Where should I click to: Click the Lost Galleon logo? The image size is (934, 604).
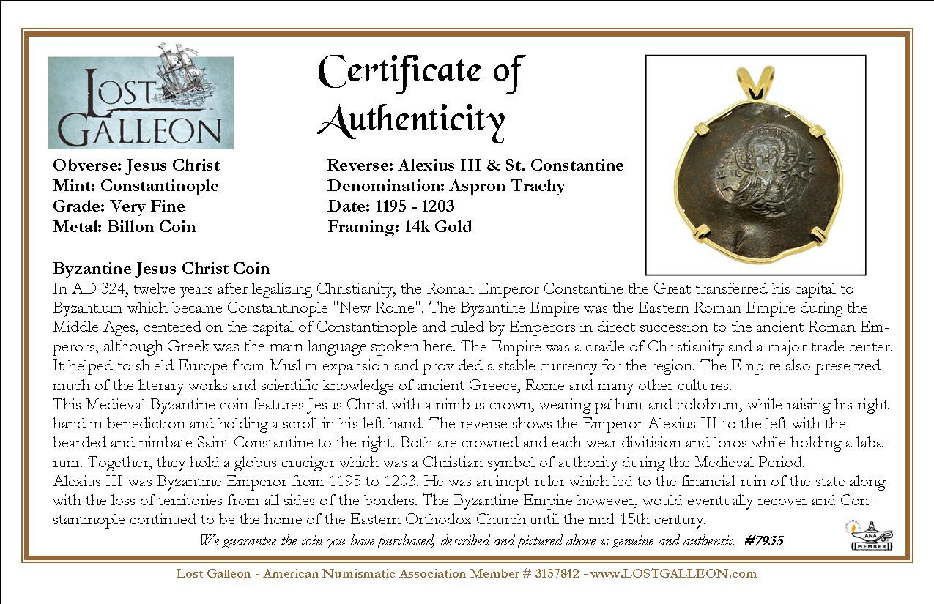tap(141, 102)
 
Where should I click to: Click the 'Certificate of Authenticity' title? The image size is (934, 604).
tap(421, 95)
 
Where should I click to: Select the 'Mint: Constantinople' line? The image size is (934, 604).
tap(136, 186)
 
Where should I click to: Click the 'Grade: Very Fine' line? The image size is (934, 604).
tap(119, 206)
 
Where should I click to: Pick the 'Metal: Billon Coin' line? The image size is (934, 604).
tap(125, 227)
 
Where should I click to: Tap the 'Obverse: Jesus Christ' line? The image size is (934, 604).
tap(136, 165)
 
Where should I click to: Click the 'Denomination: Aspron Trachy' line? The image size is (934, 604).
tap(446, 186)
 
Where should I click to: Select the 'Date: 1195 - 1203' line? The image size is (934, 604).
tap(390, 206)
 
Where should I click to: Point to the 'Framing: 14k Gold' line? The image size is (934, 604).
tap(399, 227)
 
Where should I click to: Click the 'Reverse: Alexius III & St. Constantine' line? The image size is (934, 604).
tap(475, 165)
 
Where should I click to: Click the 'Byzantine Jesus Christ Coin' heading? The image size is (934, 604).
tap(161, 269)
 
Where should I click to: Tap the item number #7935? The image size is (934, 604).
tap(763, 541)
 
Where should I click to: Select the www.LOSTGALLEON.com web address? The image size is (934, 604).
tap(673, 573)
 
